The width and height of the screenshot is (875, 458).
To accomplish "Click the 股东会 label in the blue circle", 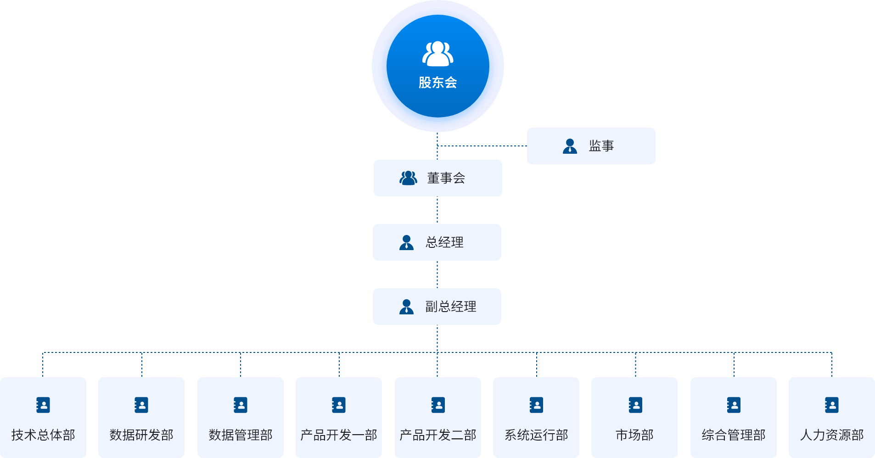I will point(437,83).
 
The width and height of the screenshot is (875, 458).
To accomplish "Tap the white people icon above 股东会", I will point(437,54).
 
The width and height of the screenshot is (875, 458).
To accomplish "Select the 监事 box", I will point(591,146).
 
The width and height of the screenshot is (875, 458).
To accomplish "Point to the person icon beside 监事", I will point(570,146).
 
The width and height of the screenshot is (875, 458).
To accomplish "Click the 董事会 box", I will point(437,178).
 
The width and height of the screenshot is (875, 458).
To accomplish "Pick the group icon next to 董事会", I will point(408,178).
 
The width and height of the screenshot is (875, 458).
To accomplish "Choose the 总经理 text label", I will point(444,242).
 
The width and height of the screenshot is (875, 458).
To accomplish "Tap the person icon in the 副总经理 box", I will point(406,307).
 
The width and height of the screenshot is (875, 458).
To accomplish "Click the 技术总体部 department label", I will point(43,435).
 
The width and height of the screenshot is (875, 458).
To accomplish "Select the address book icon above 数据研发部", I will point(141,405).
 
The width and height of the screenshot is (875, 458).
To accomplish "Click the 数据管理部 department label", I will point(241,435).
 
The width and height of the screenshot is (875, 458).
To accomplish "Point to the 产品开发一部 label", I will point(339,435).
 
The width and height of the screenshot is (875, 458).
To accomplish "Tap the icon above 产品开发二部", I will point(438,405).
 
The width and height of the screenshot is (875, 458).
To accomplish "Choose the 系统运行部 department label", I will point(536,435).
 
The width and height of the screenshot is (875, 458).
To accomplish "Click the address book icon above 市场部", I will point(635,405).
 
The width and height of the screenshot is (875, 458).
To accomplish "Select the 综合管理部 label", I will point(734,435).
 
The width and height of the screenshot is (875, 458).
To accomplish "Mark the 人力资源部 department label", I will point(832,435).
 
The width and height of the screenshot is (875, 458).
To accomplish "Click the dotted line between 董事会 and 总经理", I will point(437,210).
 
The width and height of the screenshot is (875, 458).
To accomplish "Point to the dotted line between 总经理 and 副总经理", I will point(437,274).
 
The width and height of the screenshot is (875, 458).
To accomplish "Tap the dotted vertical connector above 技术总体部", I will point(43,365).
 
